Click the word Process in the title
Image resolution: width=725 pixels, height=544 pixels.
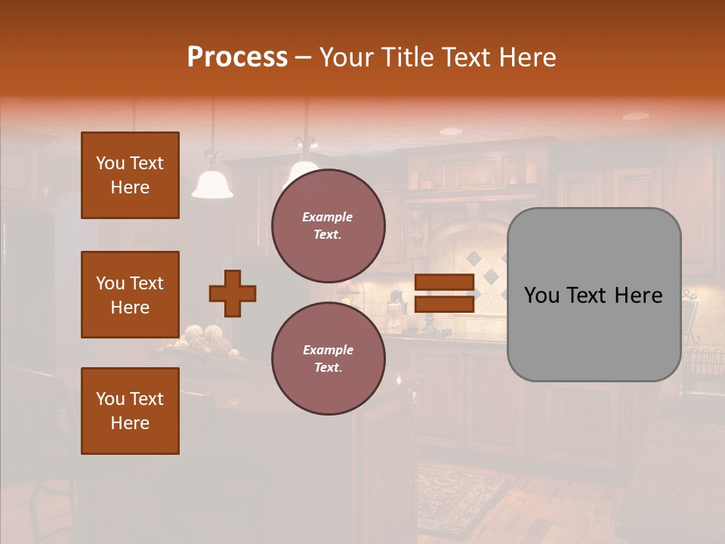click(x=237, y=57)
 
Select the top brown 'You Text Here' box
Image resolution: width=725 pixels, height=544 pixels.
click(x=130, y=175)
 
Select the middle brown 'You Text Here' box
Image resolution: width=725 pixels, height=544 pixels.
click(x=130, y=295)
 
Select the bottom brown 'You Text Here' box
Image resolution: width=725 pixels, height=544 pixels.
click(x=130, y=411)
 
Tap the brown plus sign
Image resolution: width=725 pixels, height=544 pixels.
click(x=233, y=293)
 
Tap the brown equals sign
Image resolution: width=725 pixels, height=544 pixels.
click(x=444, y=293)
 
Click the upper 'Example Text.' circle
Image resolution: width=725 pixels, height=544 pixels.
click(x=328, y=225)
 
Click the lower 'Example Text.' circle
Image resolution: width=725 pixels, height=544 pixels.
click(x=328, y=358)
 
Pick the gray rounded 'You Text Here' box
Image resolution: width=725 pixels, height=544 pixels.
click(x=594, y=295)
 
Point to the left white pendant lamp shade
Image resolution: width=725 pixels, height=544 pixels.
click(x=212, y=185)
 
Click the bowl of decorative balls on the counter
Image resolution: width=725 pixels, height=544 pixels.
click(x=203, y=339)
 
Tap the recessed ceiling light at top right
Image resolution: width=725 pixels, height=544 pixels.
click(x=635, y=116)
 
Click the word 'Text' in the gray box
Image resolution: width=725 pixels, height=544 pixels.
click(x=590, y=295)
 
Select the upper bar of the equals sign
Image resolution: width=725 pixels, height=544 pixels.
click(x=444, y=283)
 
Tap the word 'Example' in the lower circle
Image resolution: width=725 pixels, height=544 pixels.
click(x=328, y=350)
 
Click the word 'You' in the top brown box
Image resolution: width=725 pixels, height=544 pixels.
click(x=110, y=163)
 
